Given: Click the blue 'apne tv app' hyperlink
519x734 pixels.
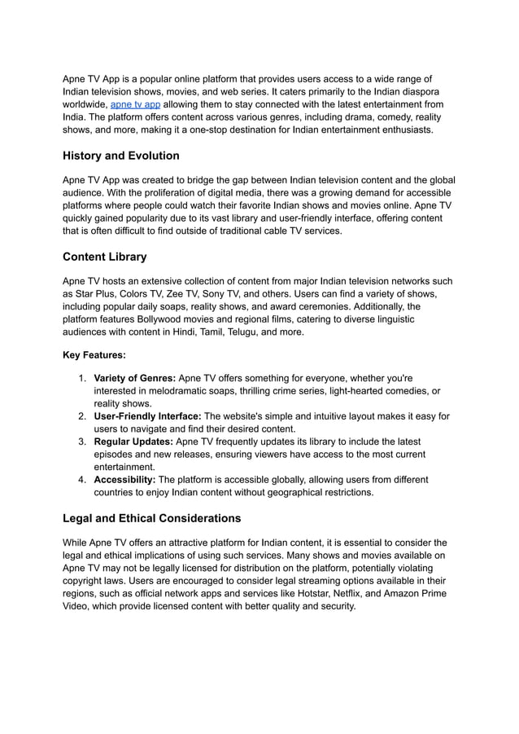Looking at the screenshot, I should [135, 105].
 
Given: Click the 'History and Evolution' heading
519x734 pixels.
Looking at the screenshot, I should [121, 156].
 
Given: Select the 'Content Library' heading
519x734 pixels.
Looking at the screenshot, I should [105, 257].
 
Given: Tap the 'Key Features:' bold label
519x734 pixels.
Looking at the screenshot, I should [94, 355].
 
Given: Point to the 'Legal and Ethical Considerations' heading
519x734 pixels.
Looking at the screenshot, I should [152, 518].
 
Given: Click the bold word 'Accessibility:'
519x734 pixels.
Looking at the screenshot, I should [125, 480].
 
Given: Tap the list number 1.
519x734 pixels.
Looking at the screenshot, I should [82, 379].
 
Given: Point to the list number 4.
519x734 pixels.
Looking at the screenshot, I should [82, 480].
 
